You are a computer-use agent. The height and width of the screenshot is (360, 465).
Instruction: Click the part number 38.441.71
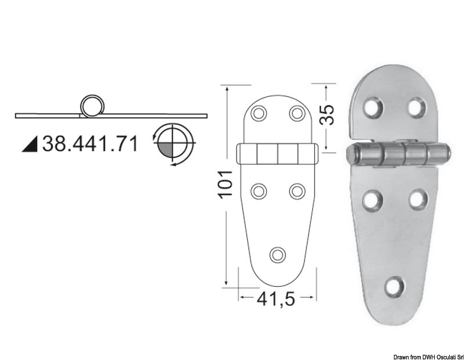click(90, 144)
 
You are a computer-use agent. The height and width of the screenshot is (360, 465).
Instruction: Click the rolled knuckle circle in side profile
click(91, 106)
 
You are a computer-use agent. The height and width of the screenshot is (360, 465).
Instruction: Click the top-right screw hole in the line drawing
click(297, 112)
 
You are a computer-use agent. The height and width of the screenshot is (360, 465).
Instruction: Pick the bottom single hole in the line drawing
click(278, 254)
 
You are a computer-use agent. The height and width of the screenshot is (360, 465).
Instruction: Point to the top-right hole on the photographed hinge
click(416, 107)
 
